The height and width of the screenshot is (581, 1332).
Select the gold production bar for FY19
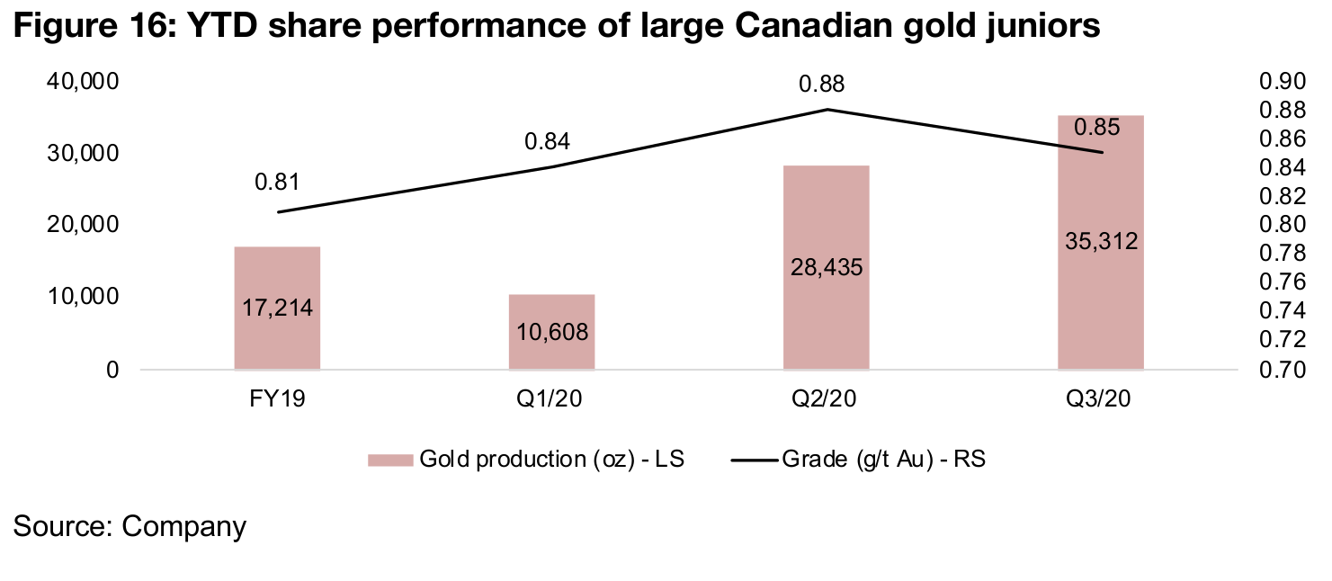tap(277, 270)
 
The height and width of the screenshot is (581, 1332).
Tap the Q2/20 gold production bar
tap(826, 225)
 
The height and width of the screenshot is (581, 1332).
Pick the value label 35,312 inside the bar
tap(1100, 241)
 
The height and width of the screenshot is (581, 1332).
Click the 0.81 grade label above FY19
tap(276, 182)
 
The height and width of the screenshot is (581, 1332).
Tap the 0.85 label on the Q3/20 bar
tap(1097, 128)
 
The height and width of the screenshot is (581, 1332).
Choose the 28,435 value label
tap(826, 268)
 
